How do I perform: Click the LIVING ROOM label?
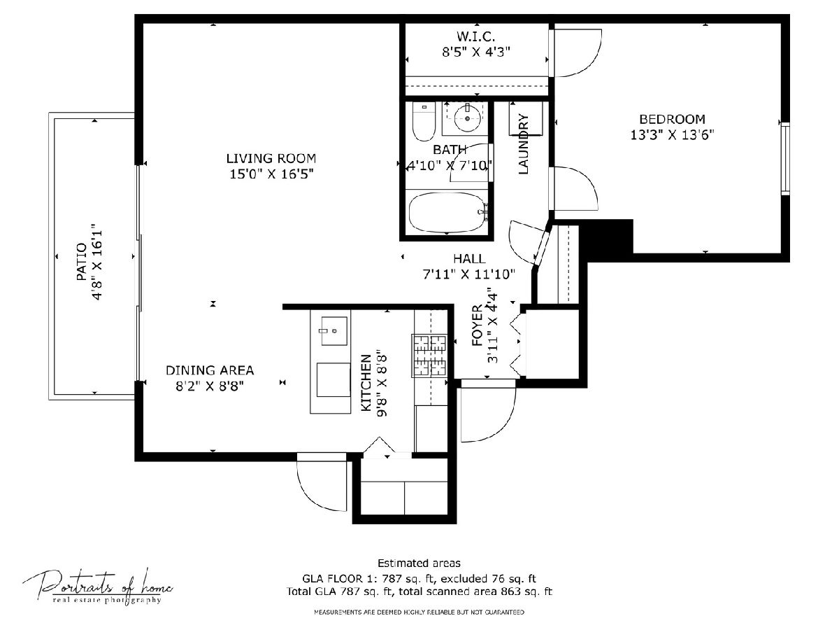pos(271,158)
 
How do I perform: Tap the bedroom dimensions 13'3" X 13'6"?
pos(672,135)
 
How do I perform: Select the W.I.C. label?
pos(476,36)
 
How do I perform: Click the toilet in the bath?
pos(424,122)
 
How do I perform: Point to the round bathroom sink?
pos(467,118)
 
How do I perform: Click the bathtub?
pos(448,212)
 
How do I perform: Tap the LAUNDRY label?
pos(523,144)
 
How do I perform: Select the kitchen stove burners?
pos(429,356)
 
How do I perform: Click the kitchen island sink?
pos(334,331)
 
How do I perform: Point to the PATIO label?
pos(81,262)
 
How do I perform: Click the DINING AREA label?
pos(210,370)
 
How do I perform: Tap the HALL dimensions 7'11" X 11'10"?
pos(469,274)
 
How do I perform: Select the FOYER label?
pos(478,325)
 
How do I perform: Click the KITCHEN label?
pos(366,383)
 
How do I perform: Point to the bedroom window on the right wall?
pos(785,159)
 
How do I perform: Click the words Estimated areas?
pos(419,563)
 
